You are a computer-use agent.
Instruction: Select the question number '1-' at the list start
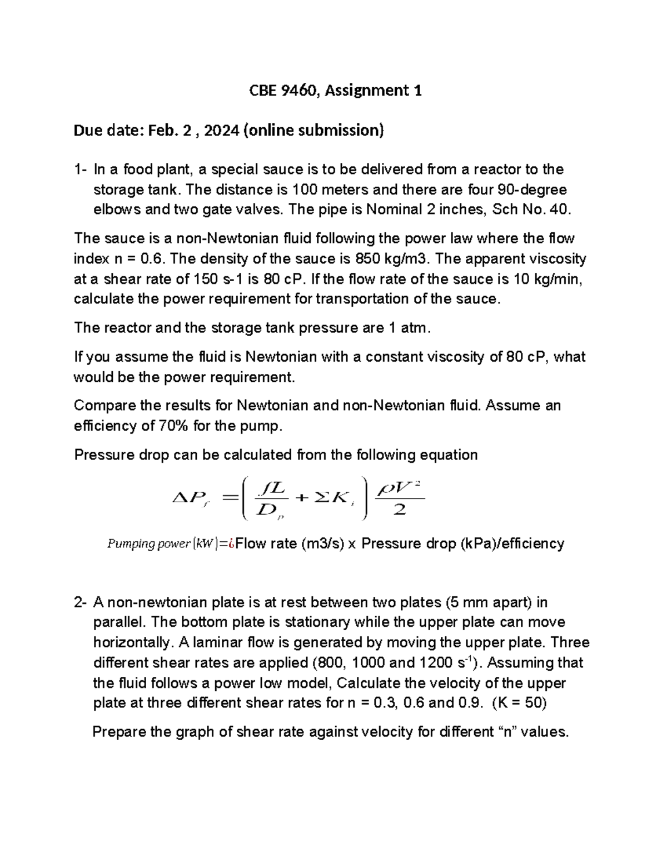81,169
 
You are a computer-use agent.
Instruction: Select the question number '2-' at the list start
81,602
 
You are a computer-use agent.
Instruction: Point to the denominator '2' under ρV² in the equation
399,510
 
